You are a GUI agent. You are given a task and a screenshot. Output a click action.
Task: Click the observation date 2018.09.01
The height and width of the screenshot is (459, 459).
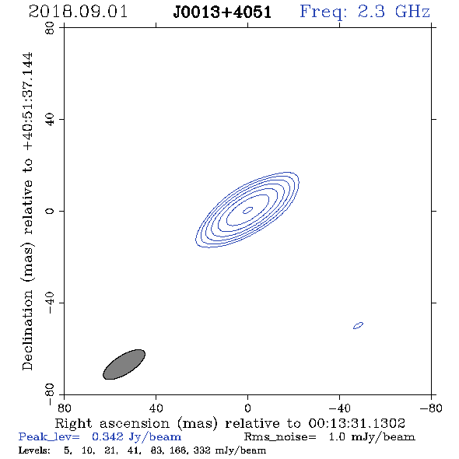click(x=78, y=12)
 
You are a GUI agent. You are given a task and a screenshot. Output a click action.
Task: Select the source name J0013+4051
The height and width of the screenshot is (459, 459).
click(x=222, y=12)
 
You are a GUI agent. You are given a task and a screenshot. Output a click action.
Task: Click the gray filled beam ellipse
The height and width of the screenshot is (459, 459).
click(x=124, y=364)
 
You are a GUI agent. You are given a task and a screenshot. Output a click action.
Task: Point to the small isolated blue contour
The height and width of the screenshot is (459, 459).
click(x=359, y=325)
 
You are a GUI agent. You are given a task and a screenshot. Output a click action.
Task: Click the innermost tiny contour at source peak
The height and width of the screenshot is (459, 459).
click(x=248, y=210)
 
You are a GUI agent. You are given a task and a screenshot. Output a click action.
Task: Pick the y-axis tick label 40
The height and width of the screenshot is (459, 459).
click(x=50, y=120)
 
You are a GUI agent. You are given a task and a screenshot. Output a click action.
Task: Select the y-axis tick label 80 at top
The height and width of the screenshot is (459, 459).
click(x=50, y=28)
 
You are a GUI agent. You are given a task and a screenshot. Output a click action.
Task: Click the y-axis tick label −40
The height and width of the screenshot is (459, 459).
click(x=50, y=303)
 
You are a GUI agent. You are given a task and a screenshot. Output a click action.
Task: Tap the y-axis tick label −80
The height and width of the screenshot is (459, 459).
click(x=50, y=394)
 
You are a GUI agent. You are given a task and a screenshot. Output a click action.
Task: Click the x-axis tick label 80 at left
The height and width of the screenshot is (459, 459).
click(x=64, y=408)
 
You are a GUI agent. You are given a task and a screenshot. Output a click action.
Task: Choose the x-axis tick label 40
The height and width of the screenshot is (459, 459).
click(x=156, y=408)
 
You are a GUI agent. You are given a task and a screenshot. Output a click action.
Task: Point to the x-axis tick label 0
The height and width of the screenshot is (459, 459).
click(x=247, y=408)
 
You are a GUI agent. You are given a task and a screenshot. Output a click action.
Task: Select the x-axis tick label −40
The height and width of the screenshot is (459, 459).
click(x=339, y=408)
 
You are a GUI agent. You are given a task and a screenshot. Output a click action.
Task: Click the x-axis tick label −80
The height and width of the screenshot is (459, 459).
click(x=431, y=408)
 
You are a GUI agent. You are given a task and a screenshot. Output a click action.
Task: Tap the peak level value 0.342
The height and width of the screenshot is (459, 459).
click(x=107, y=436)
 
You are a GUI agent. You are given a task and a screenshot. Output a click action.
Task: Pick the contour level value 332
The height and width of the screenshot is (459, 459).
click(x=201, y=450)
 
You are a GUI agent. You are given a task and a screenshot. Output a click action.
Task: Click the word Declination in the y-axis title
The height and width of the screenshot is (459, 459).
click(x=27, y=330)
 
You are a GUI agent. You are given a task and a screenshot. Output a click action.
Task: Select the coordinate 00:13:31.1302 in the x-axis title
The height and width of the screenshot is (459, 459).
click(x=356, y=423)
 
